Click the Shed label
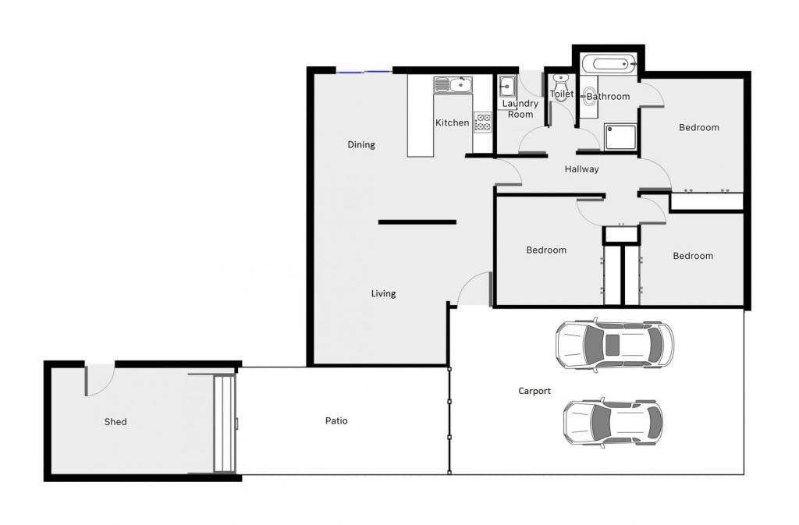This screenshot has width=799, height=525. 115,421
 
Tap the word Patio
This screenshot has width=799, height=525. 336,420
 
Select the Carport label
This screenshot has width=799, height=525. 534,391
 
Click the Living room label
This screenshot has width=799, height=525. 383,294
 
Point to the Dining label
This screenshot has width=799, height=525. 361,145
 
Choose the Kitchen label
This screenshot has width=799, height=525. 452,122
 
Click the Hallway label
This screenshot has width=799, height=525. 581,169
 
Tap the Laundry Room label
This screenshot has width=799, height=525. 520,109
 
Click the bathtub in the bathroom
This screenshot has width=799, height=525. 609,64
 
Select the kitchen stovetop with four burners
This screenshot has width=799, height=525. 482,122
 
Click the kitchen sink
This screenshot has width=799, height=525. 453,84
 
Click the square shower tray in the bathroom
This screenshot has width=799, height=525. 620,137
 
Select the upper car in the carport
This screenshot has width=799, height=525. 615,346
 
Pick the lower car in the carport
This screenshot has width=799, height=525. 613,423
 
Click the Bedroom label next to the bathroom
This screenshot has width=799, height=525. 698,127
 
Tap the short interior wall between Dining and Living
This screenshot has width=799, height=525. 417,222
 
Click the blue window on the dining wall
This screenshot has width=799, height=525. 364,73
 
